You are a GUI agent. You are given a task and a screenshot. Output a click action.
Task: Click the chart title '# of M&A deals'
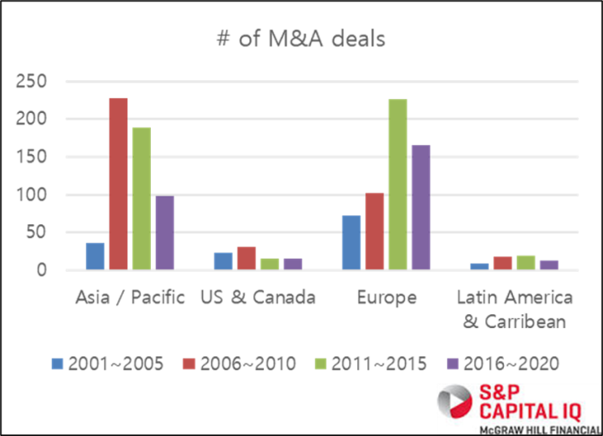tap(302, 39)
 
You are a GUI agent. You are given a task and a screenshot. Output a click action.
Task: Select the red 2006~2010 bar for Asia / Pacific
tap(118, 183)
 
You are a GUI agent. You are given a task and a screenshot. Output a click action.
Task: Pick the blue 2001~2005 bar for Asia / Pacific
tap(95, 255)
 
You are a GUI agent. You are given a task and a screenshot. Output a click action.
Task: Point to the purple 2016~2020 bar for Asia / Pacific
tap(165, 232)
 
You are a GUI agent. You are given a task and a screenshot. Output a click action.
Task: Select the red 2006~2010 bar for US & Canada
tap(247, 257)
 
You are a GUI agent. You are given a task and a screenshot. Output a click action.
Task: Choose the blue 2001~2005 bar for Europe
tap(351, 242)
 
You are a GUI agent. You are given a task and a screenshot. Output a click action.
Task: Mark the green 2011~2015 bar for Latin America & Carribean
tap(526, 261)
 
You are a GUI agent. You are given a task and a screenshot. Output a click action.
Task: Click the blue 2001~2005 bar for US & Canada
tap(223, 260)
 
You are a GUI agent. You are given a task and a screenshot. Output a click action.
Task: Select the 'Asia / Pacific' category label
tap(131, 298)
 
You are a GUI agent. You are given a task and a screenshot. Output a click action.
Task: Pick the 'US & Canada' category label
tap(258, 298)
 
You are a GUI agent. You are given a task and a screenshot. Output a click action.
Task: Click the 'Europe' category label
tap(386, 298)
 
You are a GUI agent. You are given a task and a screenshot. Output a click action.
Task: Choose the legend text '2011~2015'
tap(379, 363)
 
